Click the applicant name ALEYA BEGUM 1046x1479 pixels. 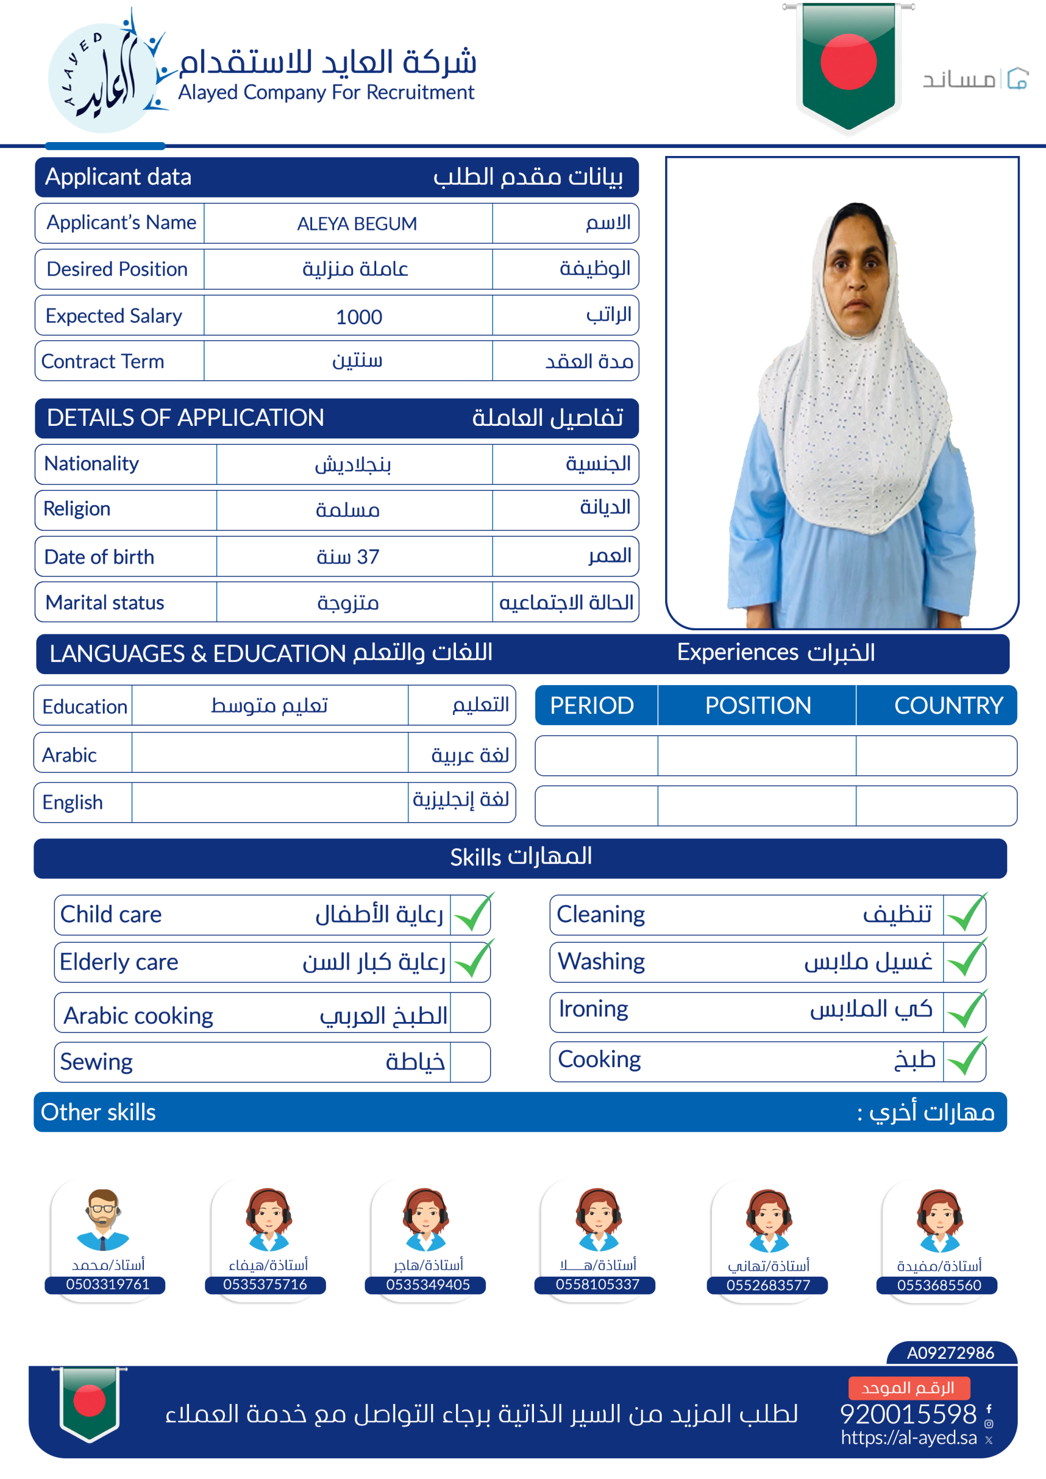(x=357, y=224)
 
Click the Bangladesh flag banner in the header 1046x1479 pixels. (x=848, y=64)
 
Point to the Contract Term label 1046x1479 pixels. (x=102, y=362)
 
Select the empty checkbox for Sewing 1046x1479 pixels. (x=470, y=1061)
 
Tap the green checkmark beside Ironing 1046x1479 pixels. (x=966, y=1010)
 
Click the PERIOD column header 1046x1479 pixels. (x=592, y=705)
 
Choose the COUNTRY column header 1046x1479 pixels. (x=948, y=705)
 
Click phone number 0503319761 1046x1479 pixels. (x=107, y=1284)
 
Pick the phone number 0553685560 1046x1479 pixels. (x=939, y=1284)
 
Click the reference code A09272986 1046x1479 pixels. (x=950, y=1352)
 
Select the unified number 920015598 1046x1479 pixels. (x=908, y=1414)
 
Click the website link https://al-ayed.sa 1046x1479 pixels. (x=908, y=1437)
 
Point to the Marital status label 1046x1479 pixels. (x=105, y=603)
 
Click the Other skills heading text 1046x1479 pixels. (x=98, y=1112)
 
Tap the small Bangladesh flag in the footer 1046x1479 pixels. (x=90, y=1402)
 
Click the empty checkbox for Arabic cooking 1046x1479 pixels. (x=470, y=1013)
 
